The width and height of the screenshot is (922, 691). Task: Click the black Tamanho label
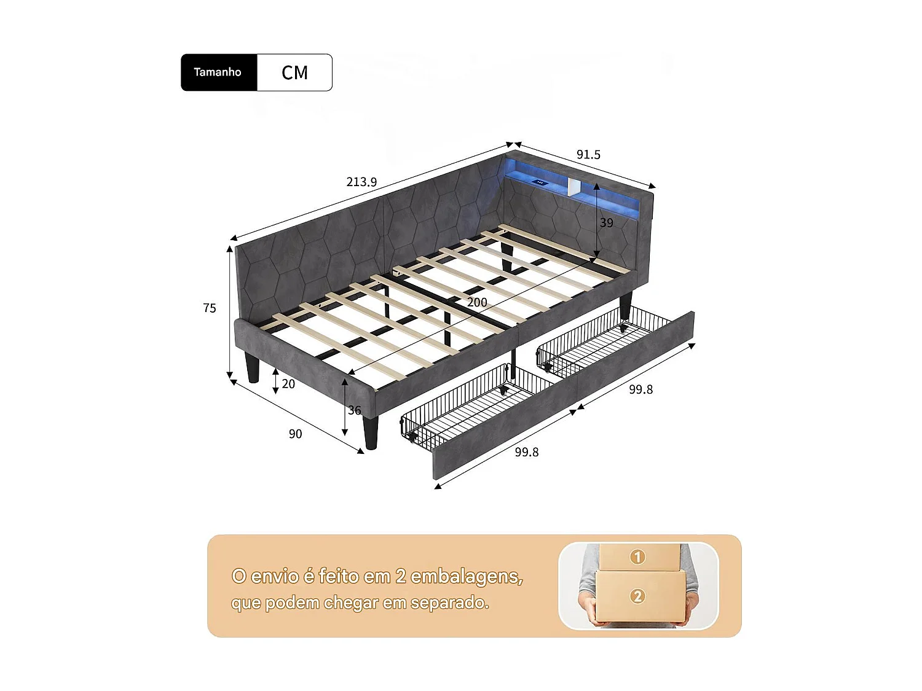coord(219,72)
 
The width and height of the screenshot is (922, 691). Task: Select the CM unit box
coord(294,72)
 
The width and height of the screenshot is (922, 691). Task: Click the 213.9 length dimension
coord(361,182)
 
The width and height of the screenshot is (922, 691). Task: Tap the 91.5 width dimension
coord(588,155)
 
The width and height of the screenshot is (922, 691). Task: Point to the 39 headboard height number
coord(607,223)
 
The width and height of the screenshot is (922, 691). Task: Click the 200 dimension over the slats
coord(477,302)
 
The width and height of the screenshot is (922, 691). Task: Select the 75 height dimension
coord(210,308)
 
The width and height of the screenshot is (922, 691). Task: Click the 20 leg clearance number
coord(288,384)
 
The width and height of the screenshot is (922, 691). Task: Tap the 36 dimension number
coord(355,410)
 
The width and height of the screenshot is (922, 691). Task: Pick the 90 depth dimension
coord(295,434)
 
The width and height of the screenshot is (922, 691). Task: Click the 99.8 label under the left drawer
coord(527,452)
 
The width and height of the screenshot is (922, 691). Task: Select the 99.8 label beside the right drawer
coord(640,389)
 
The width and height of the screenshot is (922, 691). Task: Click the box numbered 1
coord(637,556)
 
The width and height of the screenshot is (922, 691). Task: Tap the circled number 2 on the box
coord(637,596)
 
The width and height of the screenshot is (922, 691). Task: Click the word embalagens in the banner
coord(467,576)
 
